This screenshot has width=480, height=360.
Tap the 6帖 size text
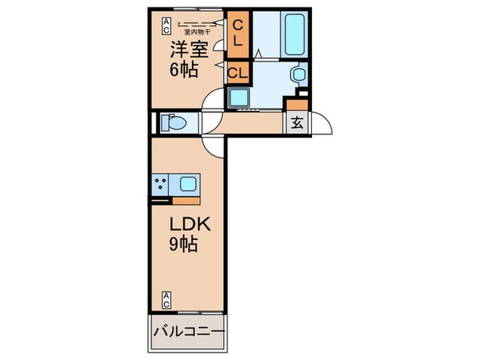click(x=184, y=69)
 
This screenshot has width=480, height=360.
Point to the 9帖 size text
click(x=184, y=245)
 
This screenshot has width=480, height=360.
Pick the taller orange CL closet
click(x=237, y=33)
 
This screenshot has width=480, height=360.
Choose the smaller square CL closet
click(x=237, y=72)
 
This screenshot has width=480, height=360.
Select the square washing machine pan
click(x=241, y=99)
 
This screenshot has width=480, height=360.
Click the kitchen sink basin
click(x=187, y=183)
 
